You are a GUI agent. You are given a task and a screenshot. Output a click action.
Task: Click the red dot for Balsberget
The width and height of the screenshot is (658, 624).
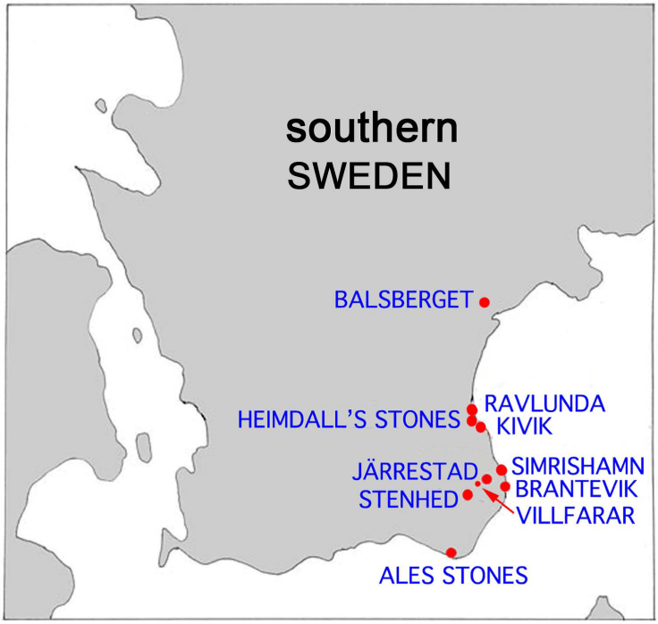pos(485,301)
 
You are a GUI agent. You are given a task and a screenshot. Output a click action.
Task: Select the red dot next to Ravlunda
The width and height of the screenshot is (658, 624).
pos(472,409)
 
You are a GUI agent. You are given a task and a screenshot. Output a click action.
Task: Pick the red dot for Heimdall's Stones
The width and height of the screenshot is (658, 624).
pos(472,420)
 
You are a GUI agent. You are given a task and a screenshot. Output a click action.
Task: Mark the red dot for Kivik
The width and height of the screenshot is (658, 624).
pos(481,427)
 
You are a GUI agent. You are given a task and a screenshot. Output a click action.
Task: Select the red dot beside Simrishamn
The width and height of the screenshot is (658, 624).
pos(502,469)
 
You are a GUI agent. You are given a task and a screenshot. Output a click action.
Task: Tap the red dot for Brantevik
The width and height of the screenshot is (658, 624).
pos(505,486)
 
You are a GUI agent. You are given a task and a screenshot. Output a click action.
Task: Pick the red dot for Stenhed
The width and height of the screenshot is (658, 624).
pos(468,494)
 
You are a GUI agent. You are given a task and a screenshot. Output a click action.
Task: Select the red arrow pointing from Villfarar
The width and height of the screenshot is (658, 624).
pos(497,498)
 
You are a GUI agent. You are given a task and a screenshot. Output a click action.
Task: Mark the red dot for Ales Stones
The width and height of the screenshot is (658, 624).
pos(451,552)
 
